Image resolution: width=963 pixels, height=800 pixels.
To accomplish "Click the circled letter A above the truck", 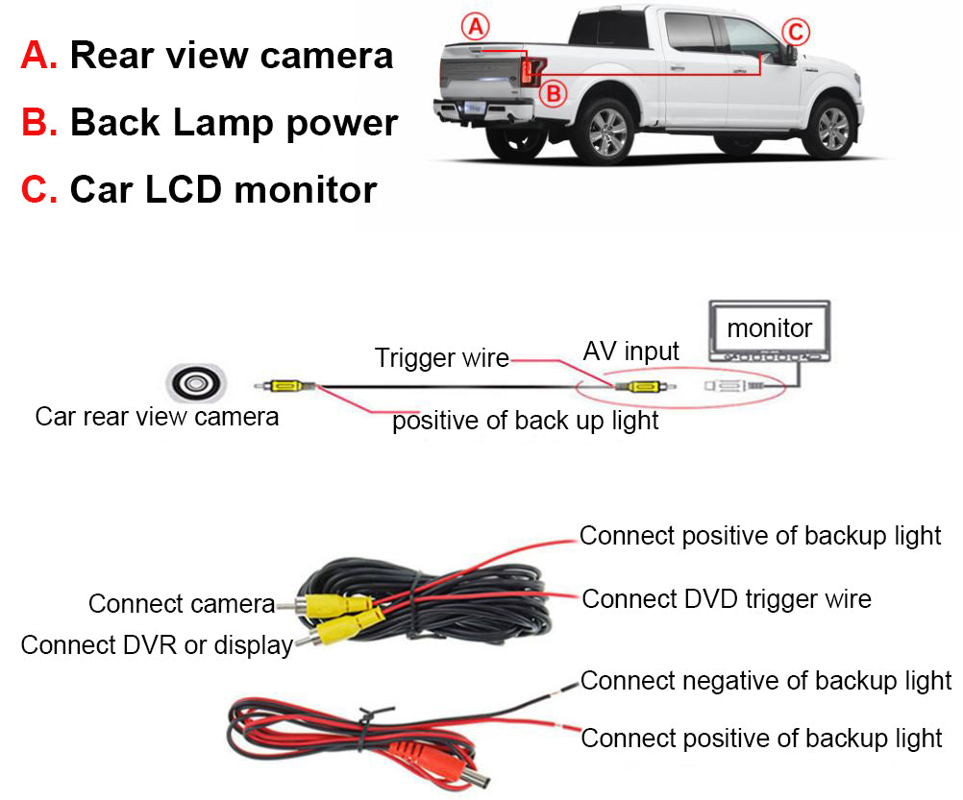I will pyautogui.click(x=474, y=26).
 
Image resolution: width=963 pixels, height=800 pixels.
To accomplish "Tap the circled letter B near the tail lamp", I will pyautogui.click(x=556, y=93).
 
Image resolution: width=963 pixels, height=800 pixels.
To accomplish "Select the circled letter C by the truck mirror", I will pyautogui.click(x=794, y=32).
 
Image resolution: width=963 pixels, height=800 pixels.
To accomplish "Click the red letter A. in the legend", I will pyautogui.click(x=39, y=55).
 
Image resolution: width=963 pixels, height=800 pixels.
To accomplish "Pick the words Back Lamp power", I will pyautogui.click(x=234, y=123).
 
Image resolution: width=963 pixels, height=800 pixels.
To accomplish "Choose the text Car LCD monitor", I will pyautogui.click(x=223, y=189).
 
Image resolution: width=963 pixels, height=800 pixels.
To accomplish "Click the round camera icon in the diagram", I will pyautogui.click(x=195, y=384).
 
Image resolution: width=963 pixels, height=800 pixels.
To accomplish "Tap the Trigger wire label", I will pyautogui.click(x=441, y=358).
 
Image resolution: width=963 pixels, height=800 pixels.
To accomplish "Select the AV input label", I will pyautogui.click(x=630, y=352).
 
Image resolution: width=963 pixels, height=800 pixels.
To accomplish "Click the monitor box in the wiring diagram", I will pyautogui.click(x=769, y=330).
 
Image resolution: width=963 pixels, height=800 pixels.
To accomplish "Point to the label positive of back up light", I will pyautogui.click(x=525, y=421).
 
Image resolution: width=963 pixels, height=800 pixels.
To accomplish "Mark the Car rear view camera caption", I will pyautogui.click(x=157, y=417).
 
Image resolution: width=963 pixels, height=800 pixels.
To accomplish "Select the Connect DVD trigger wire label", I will pyautogui.click(x=727, y=599).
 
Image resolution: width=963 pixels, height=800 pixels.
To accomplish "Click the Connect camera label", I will pyautogui.click(x=182, y=604).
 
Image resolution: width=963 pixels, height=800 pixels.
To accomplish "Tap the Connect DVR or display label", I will pyautogui.click(x=157, y=644).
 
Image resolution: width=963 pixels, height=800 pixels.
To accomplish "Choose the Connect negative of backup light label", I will pyautogui.click(x=765, y=681).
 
